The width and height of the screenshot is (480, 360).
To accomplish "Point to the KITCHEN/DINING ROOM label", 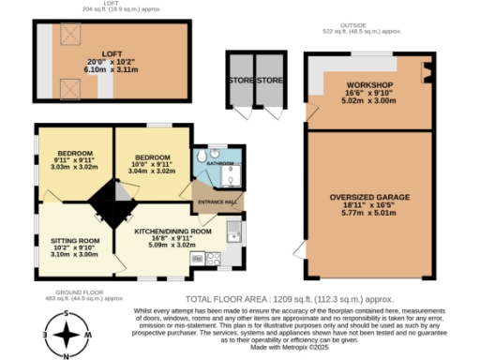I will click(x=172, y=231).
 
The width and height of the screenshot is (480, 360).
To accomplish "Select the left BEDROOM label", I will click(x=75, y=154).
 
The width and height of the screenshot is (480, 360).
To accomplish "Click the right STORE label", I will click(x=270, y=81).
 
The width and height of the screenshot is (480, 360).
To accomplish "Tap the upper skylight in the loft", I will click(x=67, y=36).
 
